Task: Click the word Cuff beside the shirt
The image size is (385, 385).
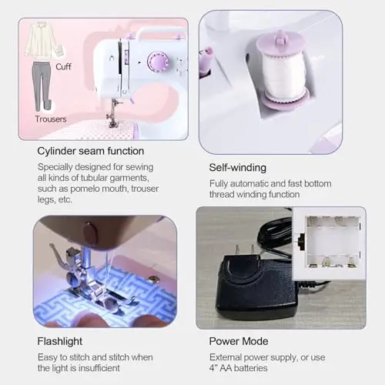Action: (x=63, y=67)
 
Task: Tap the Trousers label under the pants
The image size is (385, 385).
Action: (x=51, y=119)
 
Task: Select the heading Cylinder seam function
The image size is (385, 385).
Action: (x=91, y=151)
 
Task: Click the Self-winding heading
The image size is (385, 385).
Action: (x=238, y=168)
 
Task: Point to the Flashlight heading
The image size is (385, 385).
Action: (x=60, y=341)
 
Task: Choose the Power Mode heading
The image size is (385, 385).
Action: (x=239, y=341)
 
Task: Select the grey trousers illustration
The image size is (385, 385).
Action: (x=42, y=87)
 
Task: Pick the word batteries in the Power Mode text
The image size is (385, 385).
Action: (x=251, y=368)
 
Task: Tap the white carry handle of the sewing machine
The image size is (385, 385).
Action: (x=159, y=32)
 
